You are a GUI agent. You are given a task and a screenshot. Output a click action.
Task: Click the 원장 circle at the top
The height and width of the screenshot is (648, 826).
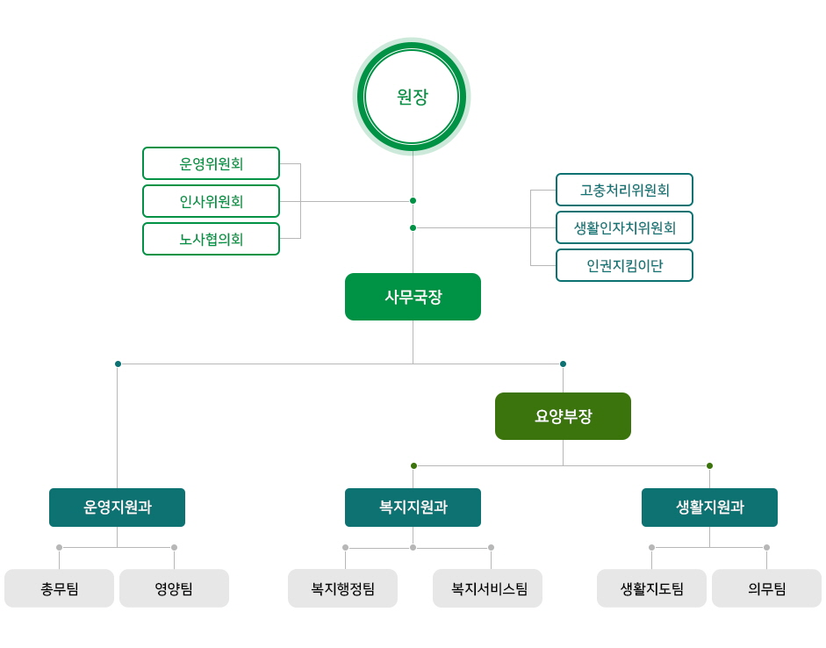[412, 97]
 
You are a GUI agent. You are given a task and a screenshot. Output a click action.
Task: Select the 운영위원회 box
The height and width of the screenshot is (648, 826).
[211, 163]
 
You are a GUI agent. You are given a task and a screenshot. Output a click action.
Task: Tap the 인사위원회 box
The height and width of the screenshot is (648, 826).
[211, 201]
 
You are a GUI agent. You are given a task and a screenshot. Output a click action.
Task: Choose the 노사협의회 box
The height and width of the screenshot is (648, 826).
[211, 239]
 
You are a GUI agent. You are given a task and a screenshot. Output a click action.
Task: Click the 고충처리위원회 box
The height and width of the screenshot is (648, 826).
[624, 190]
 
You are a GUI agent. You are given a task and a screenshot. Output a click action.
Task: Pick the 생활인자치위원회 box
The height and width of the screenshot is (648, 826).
[624, 227]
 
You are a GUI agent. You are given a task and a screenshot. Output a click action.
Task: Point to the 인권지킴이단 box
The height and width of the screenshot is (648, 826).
[624, 265]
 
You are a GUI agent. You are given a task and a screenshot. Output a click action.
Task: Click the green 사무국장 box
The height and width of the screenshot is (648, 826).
[413, 297]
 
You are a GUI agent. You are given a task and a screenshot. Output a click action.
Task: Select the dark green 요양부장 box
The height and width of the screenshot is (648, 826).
[564, 416]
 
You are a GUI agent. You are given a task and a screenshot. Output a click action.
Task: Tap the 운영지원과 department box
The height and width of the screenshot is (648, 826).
[117, 508]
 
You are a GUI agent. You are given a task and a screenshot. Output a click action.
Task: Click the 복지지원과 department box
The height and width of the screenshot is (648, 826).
[413, 508]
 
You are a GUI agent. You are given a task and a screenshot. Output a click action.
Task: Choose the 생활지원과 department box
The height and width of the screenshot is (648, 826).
[709, 508]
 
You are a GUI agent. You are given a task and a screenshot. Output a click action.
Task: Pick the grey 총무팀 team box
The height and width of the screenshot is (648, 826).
[59, 588]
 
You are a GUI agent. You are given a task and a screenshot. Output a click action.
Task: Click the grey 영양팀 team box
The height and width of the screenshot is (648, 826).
[175, 588]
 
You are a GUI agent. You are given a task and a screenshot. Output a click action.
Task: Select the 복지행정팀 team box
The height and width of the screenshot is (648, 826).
[342, 588]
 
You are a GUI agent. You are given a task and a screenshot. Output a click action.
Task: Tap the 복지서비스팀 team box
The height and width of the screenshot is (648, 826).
[488, 588]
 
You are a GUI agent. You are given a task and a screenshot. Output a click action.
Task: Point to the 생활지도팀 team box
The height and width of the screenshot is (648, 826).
[651, 588]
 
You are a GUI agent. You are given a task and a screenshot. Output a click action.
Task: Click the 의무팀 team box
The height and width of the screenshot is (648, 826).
[767, 588]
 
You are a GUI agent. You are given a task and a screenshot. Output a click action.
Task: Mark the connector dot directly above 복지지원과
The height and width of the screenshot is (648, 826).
[413, 465]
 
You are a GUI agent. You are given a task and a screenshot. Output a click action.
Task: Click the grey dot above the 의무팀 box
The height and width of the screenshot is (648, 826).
[766, 547]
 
